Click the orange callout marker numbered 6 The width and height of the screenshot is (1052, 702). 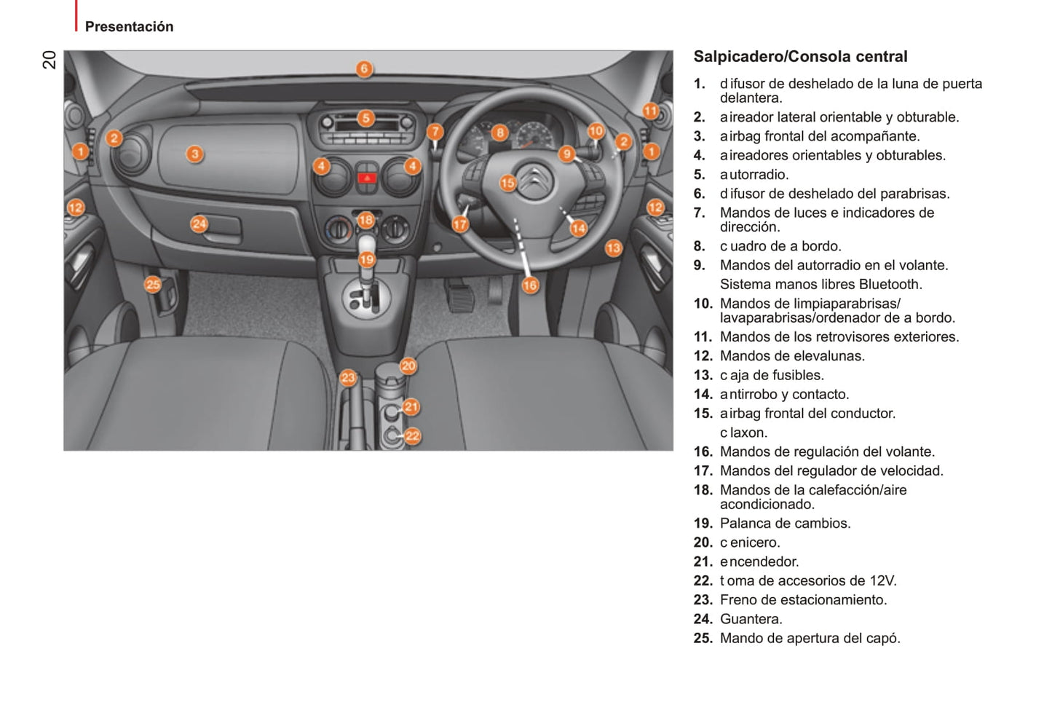364,69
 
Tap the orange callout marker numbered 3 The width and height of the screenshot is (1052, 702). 194,154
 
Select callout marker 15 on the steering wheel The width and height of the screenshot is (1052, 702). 507,183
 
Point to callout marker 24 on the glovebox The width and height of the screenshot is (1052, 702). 199,224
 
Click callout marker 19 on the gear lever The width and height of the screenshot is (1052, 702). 366,259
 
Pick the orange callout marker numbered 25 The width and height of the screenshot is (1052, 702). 152,284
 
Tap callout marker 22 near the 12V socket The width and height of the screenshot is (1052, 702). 413,435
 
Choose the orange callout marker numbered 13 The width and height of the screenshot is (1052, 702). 613,248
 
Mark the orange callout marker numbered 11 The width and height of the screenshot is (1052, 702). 650,111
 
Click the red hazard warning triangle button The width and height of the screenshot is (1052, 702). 365,176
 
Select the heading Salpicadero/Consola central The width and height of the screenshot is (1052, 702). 800,56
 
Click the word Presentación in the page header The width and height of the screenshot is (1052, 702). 129,27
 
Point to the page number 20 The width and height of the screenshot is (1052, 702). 49,60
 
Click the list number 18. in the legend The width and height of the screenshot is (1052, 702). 703,490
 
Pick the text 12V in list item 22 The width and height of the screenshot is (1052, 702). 882,580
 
